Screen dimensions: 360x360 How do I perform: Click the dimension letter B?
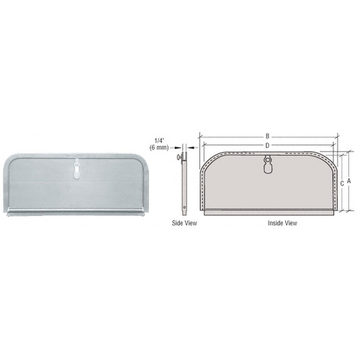tap(267, 136)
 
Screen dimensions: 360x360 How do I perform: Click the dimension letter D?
tap(267, 145)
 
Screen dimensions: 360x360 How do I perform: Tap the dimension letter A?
tap(349, 179)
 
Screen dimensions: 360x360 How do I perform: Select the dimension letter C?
tap(341, 183)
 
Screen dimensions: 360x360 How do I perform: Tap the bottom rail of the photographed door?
tap(76, 211)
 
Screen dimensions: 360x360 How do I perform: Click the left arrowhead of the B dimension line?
tap(201, 136)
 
